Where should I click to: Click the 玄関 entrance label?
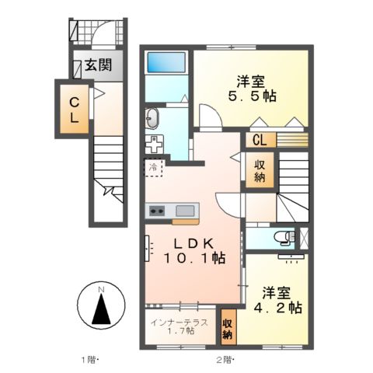(x=99, y=64)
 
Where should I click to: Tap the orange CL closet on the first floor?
(x=73, y=110)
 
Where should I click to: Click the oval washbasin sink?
(x=152, y=119)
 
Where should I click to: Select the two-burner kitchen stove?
(x=158, y=210)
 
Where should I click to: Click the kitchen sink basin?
(x=186, y=210)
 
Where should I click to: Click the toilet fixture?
(x=285, y=237)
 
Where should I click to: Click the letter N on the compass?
(x=100, y=290)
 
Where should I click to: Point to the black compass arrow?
(x=100, y=311)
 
